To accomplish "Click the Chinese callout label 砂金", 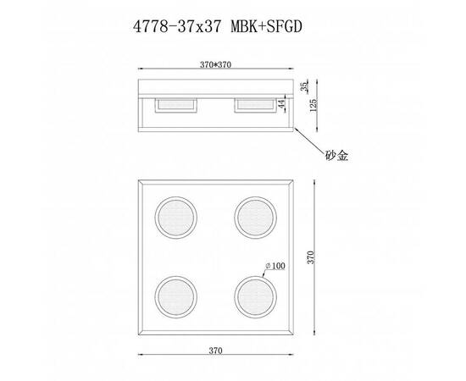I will tap(337, 156).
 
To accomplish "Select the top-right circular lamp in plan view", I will tap(255, 217).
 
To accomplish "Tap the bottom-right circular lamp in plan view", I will tap(255, 296).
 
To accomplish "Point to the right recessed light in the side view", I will tap(254, 104).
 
